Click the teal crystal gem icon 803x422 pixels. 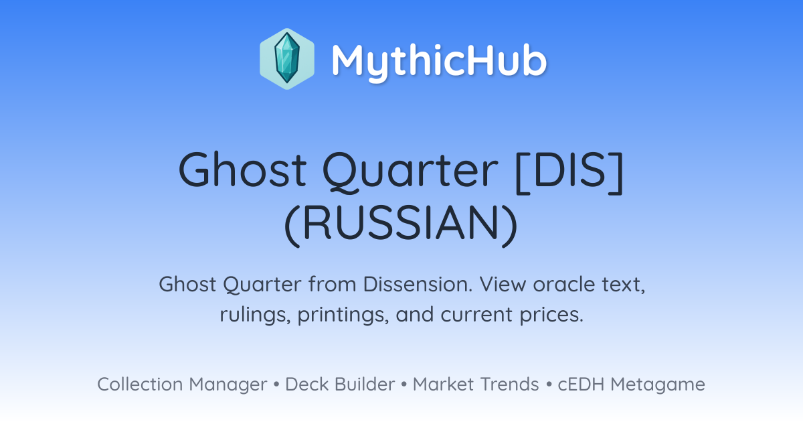click(287, 59)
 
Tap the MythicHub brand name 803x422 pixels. click(439, 60)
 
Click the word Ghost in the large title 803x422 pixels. click(242, 169)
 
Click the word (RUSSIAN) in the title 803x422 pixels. click(401, 223)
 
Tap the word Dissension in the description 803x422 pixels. click(418, 284)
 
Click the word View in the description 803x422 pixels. click(503, 284)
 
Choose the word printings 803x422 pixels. click(343, 315)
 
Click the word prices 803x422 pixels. click(551, 315)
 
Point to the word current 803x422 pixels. click(476, 315)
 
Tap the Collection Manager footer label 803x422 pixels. click(182, 384)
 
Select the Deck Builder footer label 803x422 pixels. click(340, 384)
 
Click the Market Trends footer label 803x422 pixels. click(476, 384)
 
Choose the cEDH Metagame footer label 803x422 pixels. click(631, 384)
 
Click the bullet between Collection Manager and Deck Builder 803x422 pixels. click(276, 384)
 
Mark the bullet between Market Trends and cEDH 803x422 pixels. click(549, 384)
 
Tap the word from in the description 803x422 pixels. click(332, 284)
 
